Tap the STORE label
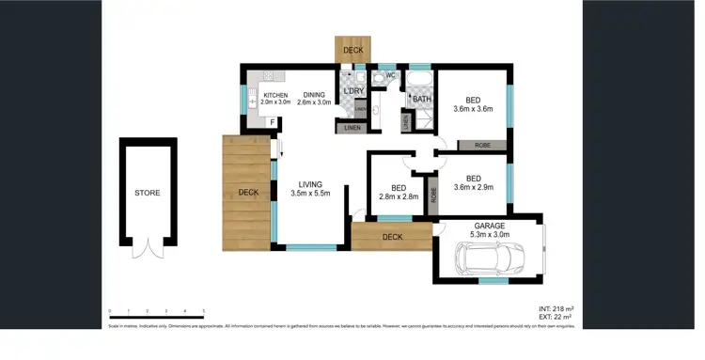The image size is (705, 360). tap(147, 194)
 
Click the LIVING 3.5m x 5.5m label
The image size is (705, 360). tap(311, 189)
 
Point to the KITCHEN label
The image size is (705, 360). tap(275, 96)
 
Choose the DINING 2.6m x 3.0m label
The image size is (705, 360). tap(314, 98)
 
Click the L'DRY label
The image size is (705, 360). tap(354, 90)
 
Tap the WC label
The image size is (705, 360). tap(390, 76)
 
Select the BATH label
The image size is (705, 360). tap(422, 99)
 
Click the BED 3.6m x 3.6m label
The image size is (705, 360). tap(473, 104)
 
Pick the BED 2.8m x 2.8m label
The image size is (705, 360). tap(398, 192)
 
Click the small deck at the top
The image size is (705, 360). tap(352, 50)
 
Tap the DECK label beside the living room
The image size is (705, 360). tap(247, 193)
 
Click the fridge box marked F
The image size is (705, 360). tap(273, 122)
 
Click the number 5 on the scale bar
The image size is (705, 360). tap(203, 310)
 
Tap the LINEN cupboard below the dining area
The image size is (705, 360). tap(352, 128)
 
